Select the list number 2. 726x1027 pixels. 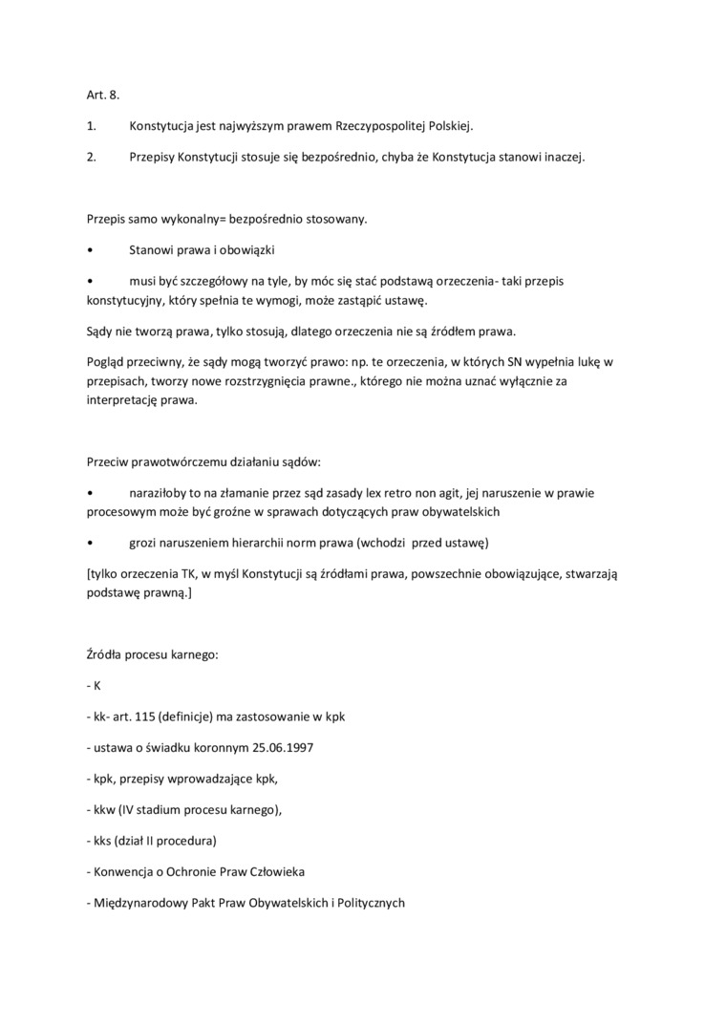point(92,157)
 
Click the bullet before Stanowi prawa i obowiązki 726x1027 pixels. point(89,249)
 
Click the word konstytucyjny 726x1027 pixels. point(125,300)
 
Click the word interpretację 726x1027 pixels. point(126,400)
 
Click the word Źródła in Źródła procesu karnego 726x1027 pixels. point(106,654)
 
